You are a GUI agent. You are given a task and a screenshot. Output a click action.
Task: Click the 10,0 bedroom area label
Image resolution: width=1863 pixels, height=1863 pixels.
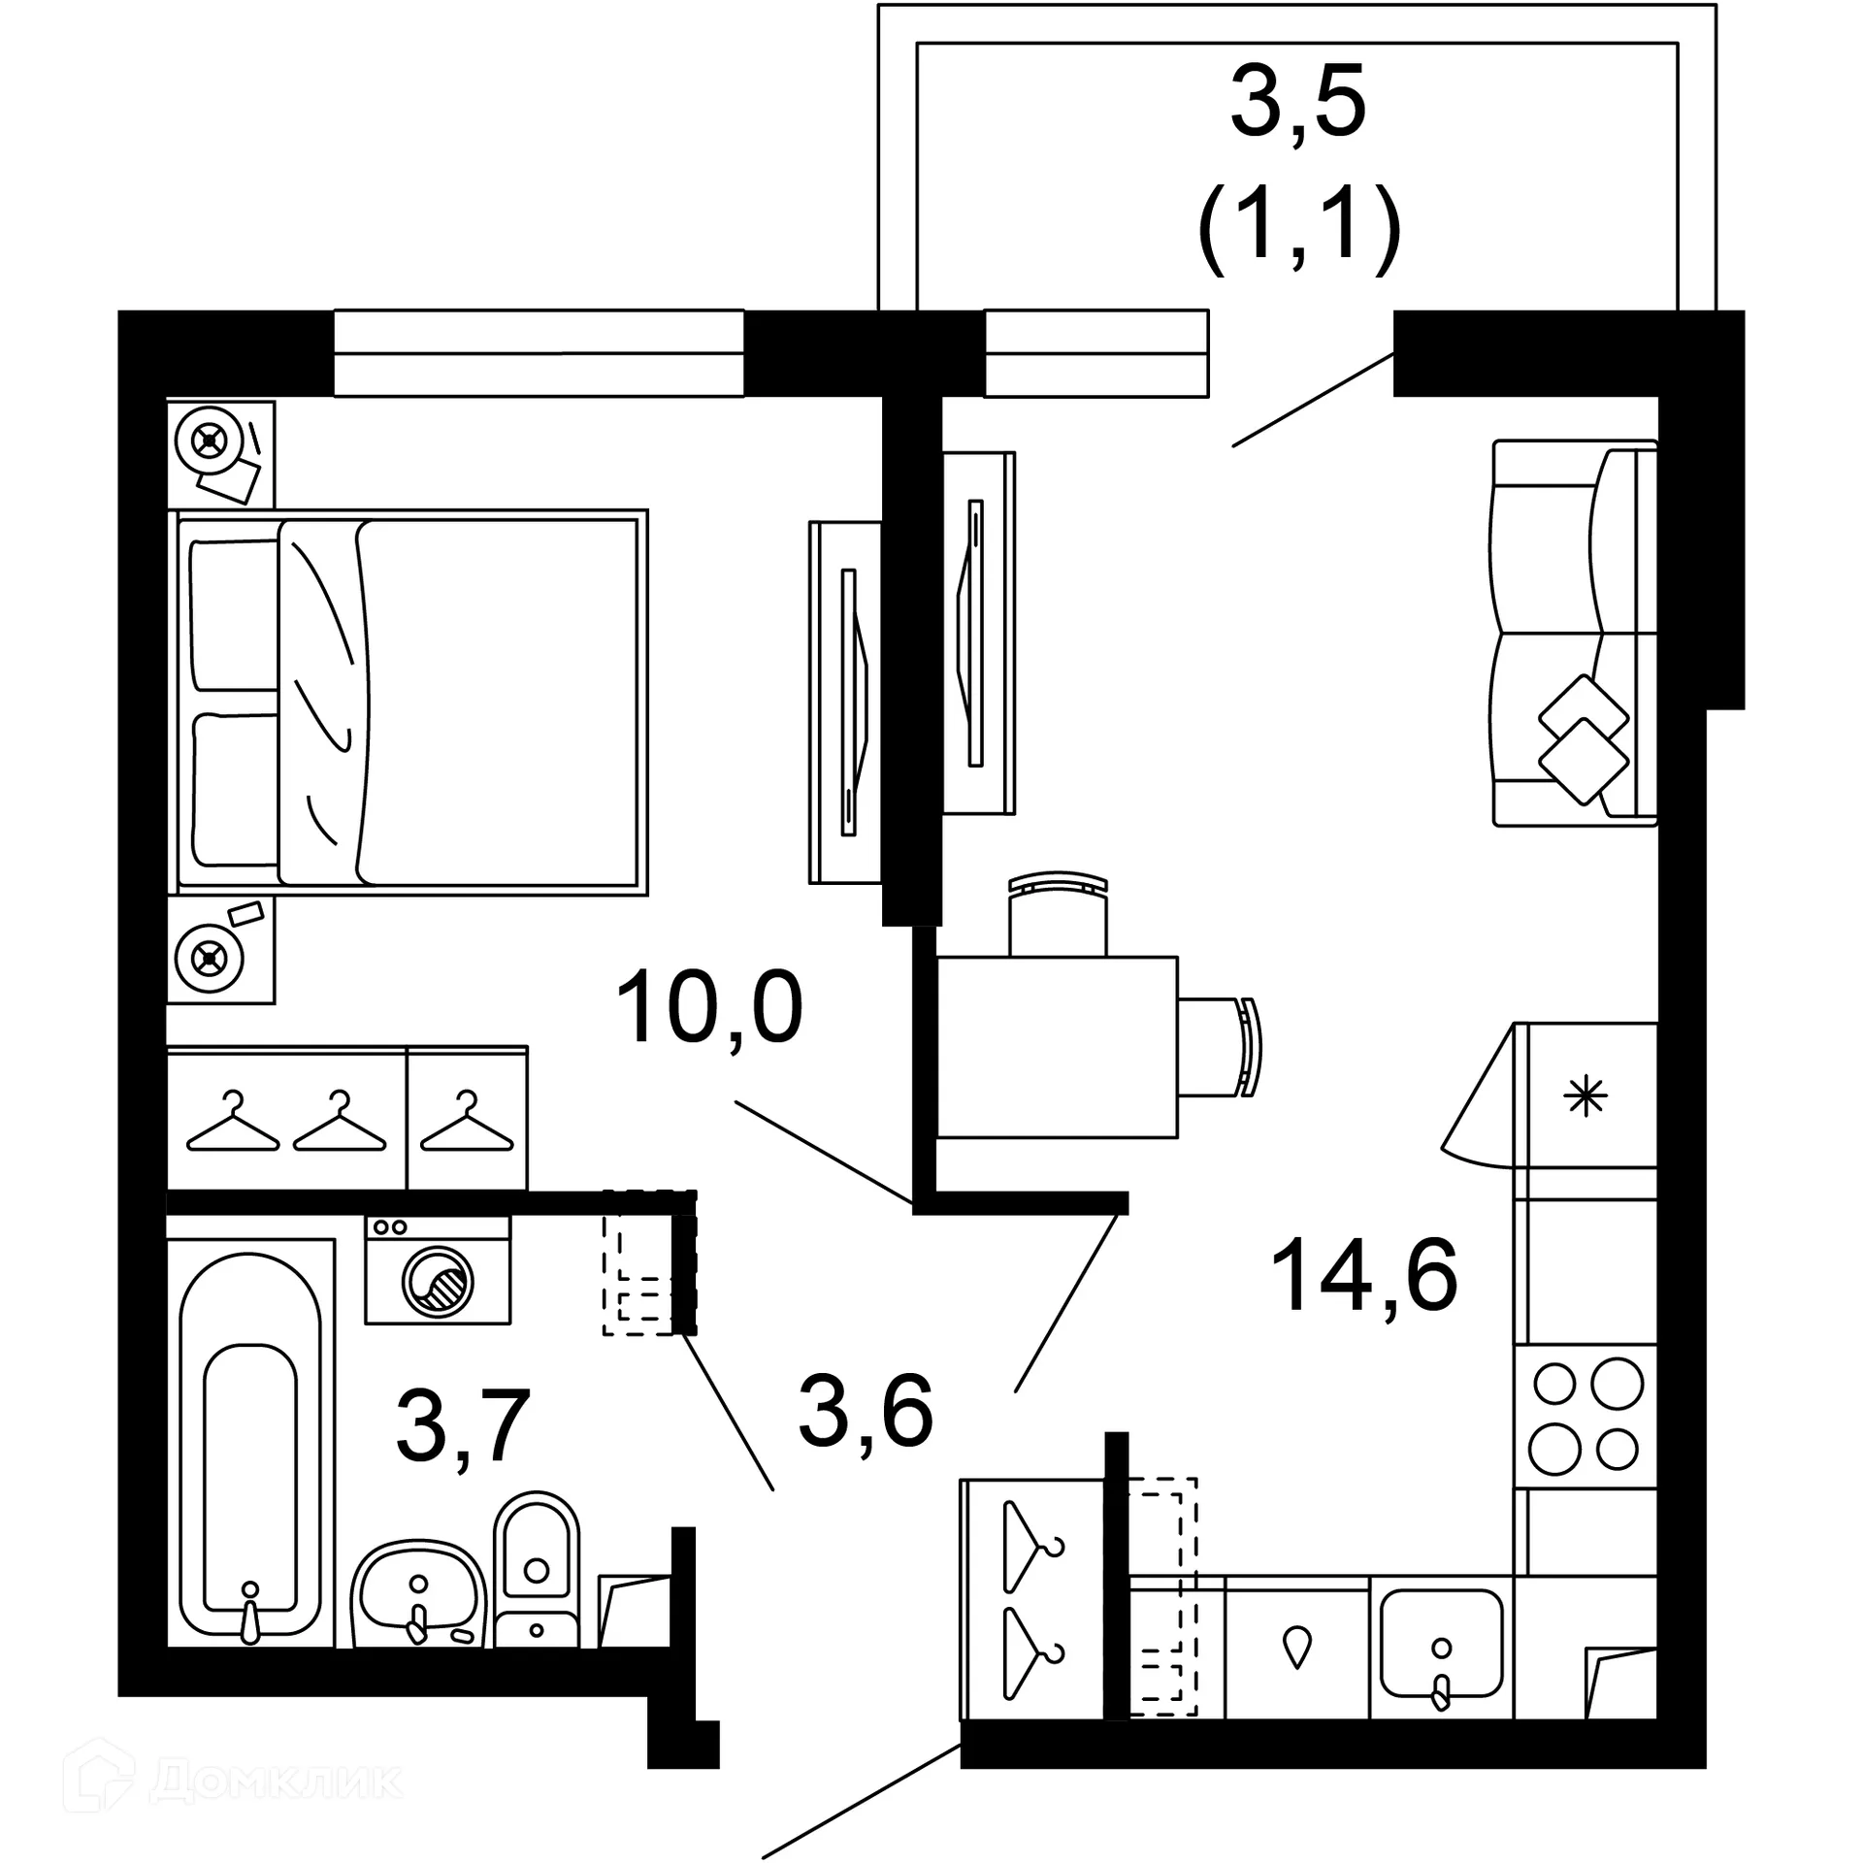coord(709,1009)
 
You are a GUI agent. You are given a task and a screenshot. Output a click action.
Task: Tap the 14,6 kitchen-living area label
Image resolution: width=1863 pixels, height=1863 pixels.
coord(1363,1275)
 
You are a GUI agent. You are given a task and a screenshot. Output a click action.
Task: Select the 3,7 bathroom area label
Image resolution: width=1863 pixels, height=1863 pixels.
coord(463,1425)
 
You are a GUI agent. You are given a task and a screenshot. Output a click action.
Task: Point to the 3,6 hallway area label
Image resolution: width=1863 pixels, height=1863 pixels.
coord(866,1413)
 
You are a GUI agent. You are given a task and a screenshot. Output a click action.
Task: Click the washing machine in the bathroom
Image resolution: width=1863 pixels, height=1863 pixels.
coord(438,1269)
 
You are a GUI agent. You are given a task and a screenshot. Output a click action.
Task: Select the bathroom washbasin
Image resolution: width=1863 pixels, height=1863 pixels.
coord(418,1594)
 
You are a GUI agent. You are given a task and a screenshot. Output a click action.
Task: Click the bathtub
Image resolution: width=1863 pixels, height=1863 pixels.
coord(250,1444)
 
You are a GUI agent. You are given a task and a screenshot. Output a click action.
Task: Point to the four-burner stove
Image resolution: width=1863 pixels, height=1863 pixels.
coord(1585,1416)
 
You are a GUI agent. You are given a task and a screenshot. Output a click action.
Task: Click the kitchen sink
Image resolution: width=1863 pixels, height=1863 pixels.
coord(1442,1644)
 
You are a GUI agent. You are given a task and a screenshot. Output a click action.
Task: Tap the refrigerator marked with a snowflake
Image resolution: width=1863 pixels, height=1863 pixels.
coord(1585,1096)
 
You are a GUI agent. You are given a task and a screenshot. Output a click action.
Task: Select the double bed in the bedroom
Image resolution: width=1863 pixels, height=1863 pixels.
coord(409,702)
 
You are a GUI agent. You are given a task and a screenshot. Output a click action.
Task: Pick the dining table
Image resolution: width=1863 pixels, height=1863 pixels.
coord(1057,1047)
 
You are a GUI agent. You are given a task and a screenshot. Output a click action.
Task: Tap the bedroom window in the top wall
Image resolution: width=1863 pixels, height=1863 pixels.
coord(539,353)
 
